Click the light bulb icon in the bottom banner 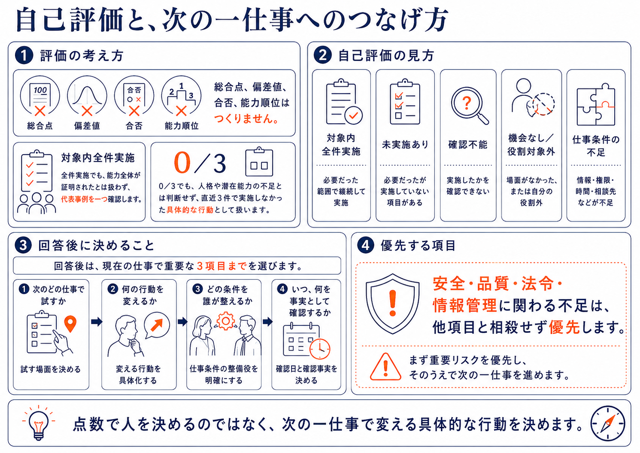(x=39, y=423)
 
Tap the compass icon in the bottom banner (x=608, y=423)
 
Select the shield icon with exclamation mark (x=393, y=304)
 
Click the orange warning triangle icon (x=385, y=367)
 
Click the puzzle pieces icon (x=596, y=105)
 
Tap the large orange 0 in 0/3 (x=182, y=162)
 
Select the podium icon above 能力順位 (x=181, y=96)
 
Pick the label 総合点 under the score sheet (x=40, y=126)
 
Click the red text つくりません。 (x=246, y=119)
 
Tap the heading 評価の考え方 (x=82, y=55)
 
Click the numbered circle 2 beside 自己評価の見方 (x=322, y=55)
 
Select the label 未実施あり (x=405, y=145)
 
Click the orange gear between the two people (x=225, y=321)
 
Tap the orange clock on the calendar (x=320, y=349)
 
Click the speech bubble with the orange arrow (x=157, y=325)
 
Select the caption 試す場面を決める (x=51, y=369)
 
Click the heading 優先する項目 (x=418, y=246)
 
